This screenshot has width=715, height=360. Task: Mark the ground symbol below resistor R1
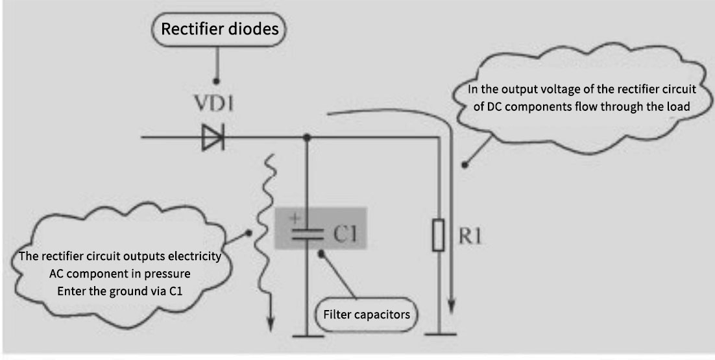click(x=439, y=335)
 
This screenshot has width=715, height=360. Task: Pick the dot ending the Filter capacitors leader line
click(x=321, y=254)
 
